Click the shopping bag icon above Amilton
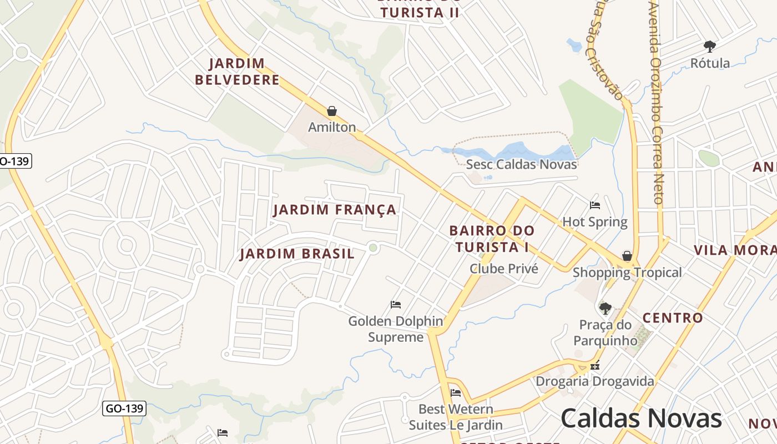click(332, 111)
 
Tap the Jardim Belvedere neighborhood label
click(237, 72)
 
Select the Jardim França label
click(335, 210)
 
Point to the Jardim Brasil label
click(297, 254)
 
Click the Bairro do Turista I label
click(492, 239)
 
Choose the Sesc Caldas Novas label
click(521, 164)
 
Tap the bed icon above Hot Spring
click(595, 205)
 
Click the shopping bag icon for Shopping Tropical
click(627, 256)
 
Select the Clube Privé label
click(504, 269)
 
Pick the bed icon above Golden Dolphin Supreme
click(396, 304)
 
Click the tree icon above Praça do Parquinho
click(606, 308)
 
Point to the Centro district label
click(673, 318)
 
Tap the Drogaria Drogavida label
click(594, 381)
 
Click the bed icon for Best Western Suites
click(456, 393)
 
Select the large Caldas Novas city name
click(641, 418)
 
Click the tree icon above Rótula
click(709, 46)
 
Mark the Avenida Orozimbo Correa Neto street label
click(657, 103)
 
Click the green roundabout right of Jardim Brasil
click(374, 248)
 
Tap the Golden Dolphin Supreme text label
click(396, 329)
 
